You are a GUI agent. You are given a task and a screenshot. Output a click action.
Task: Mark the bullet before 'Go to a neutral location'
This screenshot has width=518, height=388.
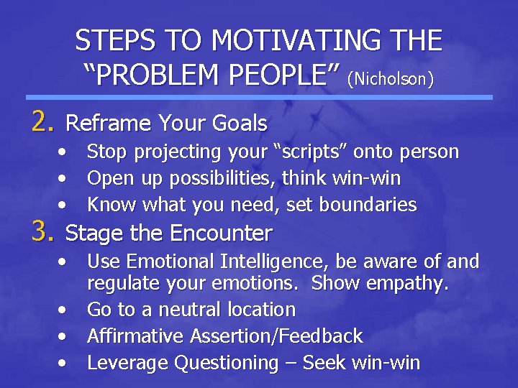coord(65,310)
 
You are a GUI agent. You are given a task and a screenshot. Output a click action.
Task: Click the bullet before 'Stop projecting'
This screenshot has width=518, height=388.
coord(65,152)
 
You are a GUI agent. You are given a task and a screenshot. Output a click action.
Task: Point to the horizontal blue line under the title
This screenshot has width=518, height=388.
coord(259,97)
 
